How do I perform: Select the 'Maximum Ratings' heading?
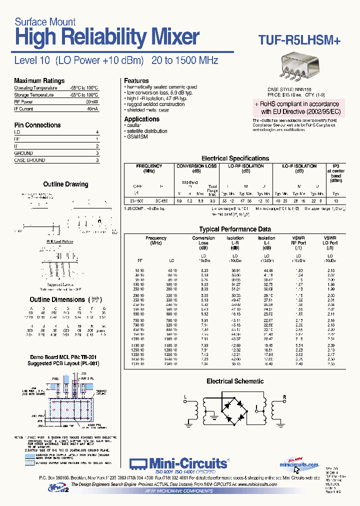[39, 80]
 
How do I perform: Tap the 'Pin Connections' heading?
[37, 125]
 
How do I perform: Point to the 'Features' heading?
[136, 80]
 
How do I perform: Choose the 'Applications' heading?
[142, 119]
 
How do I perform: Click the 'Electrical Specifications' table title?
[235, 158]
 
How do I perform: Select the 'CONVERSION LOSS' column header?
[196, 166]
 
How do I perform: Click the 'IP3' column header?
[335, 166]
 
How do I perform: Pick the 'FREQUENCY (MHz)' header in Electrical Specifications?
[149, 168]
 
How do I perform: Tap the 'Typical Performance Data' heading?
[235, 229]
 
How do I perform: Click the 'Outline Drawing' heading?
[65, 184]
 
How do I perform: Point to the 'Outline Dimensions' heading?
[57, 299]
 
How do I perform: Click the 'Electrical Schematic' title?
[235, 381]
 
